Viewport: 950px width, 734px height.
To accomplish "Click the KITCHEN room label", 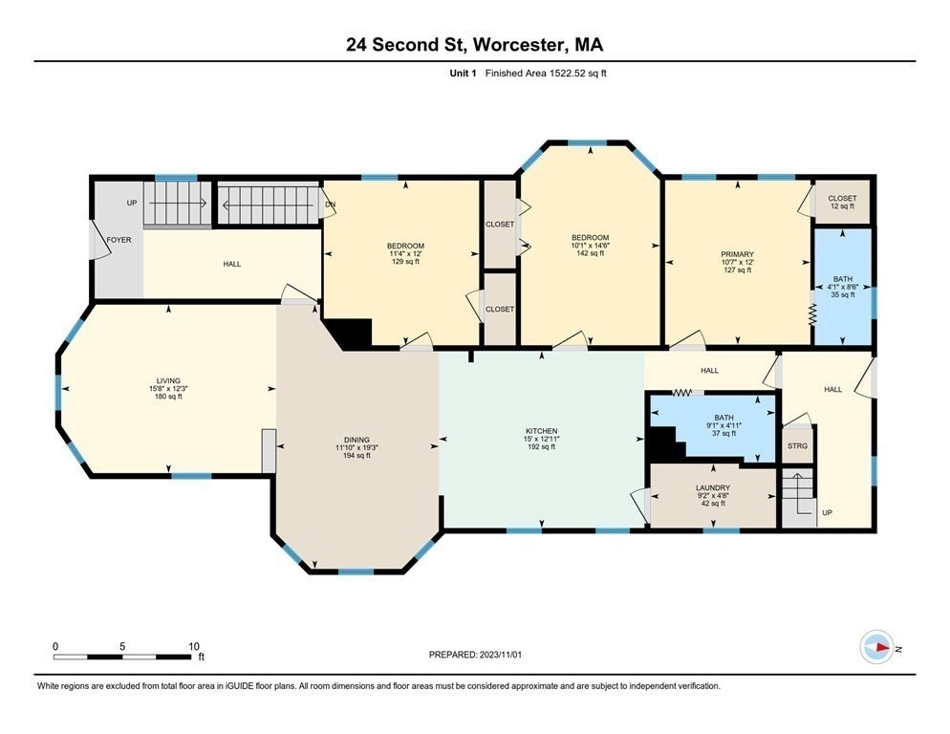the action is click(541, 431).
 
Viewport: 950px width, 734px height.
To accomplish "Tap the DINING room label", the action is click(356, 440).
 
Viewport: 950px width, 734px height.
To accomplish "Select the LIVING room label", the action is click(168, 381).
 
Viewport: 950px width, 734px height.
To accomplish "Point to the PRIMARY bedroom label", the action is click(737, 254).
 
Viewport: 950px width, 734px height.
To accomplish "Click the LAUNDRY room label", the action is click(713, 488).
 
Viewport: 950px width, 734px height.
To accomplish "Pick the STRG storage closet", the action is click(797, 445).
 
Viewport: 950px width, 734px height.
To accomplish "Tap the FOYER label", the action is click(119, 240).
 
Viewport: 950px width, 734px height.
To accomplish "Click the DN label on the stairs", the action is click(330, 205).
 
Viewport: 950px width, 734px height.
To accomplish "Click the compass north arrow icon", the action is click(876, 647).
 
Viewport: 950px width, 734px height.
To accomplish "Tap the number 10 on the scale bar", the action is click(194, 646).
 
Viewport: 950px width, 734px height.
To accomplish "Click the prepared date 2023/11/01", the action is click(500, 655).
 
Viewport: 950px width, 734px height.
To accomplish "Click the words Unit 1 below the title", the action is click(463, 74).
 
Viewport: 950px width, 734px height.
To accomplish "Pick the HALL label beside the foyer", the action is click(232, 265).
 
